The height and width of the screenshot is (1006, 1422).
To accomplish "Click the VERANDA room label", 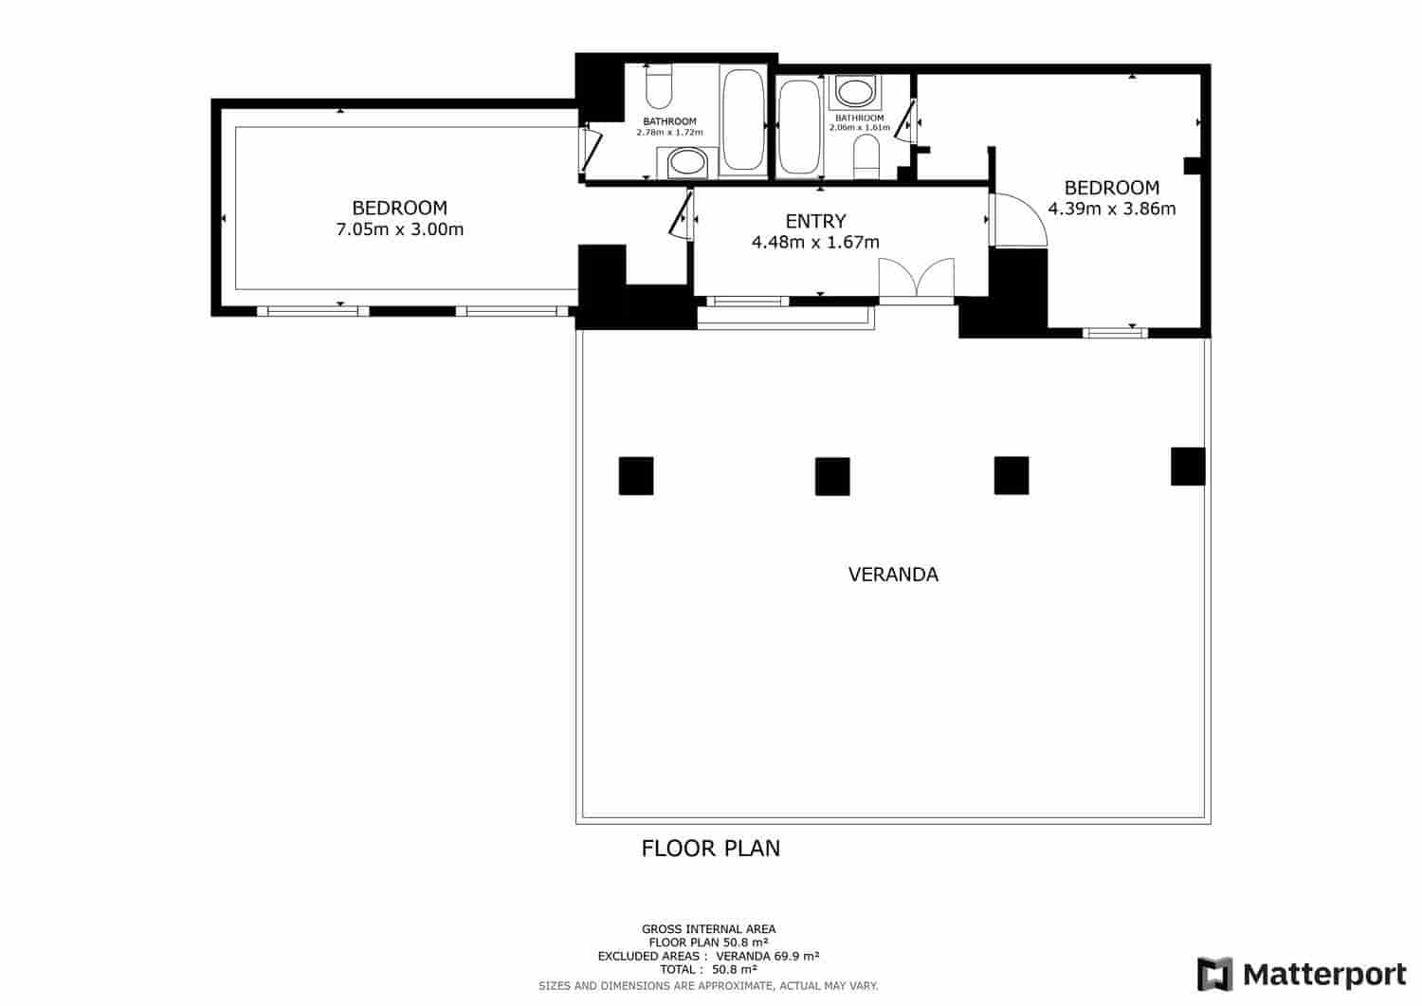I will click(x=893, y=575).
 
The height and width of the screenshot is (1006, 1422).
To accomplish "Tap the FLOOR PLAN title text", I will click(x=711, y=848).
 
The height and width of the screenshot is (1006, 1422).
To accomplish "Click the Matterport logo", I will click(x=1302, y=974).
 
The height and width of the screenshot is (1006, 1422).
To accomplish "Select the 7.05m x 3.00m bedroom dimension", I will click(x=399, y=229).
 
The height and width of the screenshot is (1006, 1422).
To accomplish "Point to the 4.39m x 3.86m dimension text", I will click(x=1111, y=209).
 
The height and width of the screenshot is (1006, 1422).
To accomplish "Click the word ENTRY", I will click(x=815, y=221).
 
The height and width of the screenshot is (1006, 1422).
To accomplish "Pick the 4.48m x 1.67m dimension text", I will click(x=815, y=243).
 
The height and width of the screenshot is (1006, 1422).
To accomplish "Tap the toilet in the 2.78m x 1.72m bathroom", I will click(x=658, y=87).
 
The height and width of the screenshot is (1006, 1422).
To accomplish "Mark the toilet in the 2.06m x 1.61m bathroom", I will click(x=866, y=155).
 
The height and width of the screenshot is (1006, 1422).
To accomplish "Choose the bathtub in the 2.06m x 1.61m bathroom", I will click(x=798, y=127).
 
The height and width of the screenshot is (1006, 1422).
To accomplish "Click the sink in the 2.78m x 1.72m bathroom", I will click(x=686, y=163).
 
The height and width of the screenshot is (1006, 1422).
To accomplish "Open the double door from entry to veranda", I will click(x=916, y=281).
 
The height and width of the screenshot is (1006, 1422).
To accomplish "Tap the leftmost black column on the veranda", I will click(x=636, y=476).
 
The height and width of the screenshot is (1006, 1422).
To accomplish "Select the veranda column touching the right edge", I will click(x=1188, y=466).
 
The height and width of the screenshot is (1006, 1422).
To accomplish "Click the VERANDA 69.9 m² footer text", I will click(x=767, y=957).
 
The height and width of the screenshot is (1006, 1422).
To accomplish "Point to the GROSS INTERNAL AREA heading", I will click(x=709, y=929).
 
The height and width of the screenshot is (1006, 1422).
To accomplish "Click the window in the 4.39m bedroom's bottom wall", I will click(x=1115, y=333).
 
